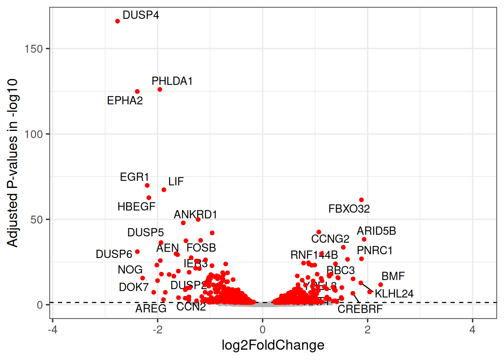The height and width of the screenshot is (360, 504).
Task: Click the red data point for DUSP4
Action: [117, 21]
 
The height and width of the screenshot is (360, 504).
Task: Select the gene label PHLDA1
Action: [172, 81]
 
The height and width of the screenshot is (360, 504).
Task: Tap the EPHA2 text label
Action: [125, 100]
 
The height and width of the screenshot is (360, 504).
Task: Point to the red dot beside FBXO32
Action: [361, 200]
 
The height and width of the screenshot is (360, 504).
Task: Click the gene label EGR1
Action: [134, 177]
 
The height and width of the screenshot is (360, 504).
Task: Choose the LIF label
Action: [176, 182]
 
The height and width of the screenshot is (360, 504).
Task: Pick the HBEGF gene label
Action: [136, 207]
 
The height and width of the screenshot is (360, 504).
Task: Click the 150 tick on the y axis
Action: [33, 49]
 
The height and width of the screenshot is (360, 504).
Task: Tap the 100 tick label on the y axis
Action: [33, 134]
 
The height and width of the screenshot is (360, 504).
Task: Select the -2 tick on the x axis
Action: [157, 330]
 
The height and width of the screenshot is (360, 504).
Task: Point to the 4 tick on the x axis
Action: [472, 330]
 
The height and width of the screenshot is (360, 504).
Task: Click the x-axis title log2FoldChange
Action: [273, 345]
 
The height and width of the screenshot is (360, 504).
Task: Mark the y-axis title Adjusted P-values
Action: [12, 163]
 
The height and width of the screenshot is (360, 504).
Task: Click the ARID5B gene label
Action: [376, 231]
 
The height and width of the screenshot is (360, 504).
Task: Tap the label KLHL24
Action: [394, 294]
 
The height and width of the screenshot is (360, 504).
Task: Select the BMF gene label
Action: [393, 276]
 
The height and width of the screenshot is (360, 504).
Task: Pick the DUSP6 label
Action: [114, 254]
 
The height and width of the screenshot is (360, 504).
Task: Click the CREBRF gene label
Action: [360, 309]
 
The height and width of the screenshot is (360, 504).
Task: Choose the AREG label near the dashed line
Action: [151, 309]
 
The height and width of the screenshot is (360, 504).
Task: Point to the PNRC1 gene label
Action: [375, 250]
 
